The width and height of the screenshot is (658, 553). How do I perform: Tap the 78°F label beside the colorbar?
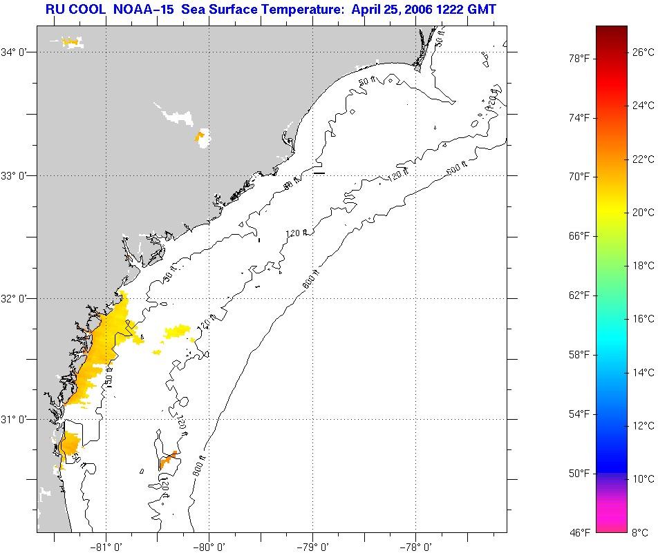click(x=579, y=59)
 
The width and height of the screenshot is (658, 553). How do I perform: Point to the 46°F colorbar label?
click(x=579, y=532)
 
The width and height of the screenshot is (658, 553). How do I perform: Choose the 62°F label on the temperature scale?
click(x=579, y=295)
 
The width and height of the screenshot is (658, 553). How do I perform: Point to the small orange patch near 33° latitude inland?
click(x=200, y=136)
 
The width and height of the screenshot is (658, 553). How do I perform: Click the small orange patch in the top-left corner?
click(x=70, y=42)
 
